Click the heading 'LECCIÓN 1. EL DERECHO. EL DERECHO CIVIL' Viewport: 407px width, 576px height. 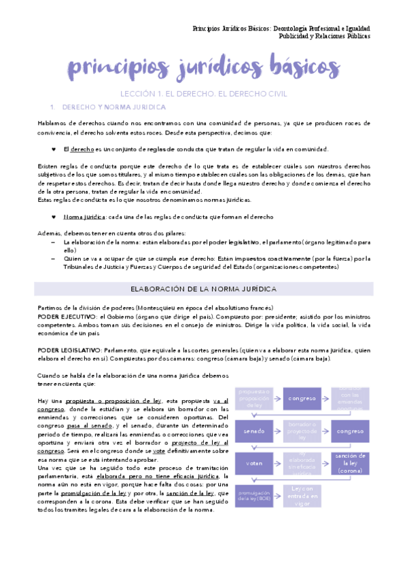(x=203, y=94)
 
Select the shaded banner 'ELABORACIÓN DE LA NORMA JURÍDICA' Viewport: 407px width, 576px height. (x=203, y=289)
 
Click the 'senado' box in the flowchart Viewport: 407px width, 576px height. (x=254, y=431)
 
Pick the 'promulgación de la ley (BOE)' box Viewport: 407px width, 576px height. (x=254, y=494)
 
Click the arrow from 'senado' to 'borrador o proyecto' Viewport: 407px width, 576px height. (x=278, y=431)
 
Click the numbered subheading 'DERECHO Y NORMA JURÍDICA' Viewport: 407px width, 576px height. (x=113, y=107)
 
